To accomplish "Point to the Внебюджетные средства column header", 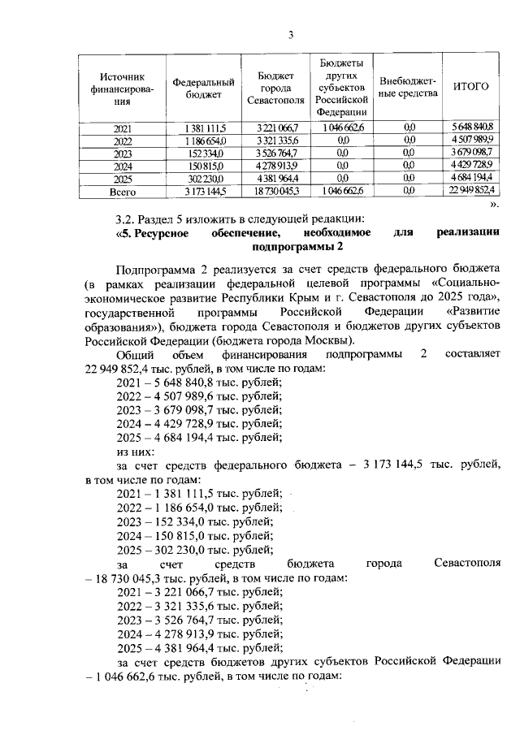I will tap(409, 88).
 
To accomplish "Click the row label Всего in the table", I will tap(122, 192).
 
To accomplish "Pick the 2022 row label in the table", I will tap(122, 141).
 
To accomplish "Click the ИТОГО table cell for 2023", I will tap(472, 153).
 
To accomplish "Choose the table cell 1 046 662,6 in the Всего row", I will tap(343, 192).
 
